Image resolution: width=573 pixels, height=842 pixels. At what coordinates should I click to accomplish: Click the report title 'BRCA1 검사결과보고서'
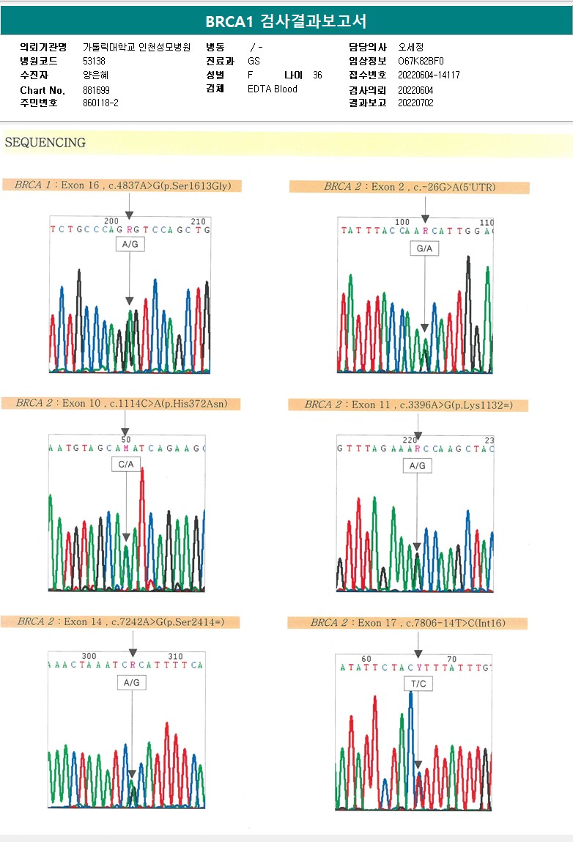pyautogui.click(x=286, y=21)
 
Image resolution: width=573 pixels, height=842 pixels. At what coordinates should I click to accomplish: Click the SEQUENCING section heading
pyautogui.click(x=45, y=143)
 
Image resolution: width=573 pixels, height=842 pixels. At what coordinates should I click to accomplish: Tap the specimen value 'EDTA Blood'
pyautogui.click(x=273, y=89)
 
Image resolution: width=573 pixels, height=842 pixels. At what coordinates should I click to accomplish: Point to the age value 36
pyautogui.click(x=317, y=75)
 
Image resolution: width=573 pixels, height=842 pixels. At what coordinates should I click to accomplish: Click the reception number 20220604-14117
pyautogui.click(x=429, y=75)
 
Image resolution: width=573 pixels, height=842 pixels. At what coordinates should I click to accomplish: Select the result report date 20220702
pyautogui.click(x=415, y=103)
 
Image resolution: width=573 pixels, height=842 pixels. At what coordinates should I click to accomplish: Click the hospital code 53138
pyautogui.click(x=94, y=62)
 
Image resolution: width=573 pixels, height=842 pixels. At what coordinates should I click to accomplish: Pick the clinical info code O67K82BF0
pyautogui.click(x=421, y=62)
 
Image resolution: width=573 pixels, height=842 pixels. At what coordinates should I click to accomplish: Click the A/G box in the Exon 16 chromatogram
pyautogui.click(x=129, y=244)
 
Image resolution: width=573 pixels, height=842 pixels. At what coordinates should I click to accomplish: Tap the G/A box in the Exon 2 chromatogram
pyautogui.click(x=424, y=248)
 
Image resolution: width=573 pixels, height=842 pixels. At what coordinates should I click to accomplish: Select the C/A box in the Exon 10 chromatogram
pyautogui.click(x=126, y=464)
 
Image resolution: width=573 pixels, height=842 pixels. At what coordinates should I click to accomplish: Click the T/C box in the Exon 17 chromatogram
pyautogui.click(x=418, y=683)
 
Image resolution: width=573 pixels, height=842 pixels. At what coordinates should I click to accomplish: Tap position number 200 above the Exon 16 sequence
pyautogui.click(x=111, y=221)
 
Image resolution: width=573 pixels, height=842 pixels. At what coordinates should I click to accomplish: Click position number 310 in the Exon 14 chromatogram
pyautogui.click(x=176, y=656)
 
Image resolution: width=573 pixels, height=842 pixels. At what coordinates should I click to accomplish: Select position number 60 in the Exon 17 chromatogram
pyautogui.click(x=366, y=659)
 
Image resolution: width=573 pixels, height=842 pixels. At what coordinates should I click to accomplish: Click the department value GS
pyautogui.click(x=254, y=62)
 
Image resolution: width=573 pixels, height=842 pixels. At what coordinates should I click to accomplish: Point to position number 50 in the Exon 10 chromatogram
pyautogui.click(x=126, y=439)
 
